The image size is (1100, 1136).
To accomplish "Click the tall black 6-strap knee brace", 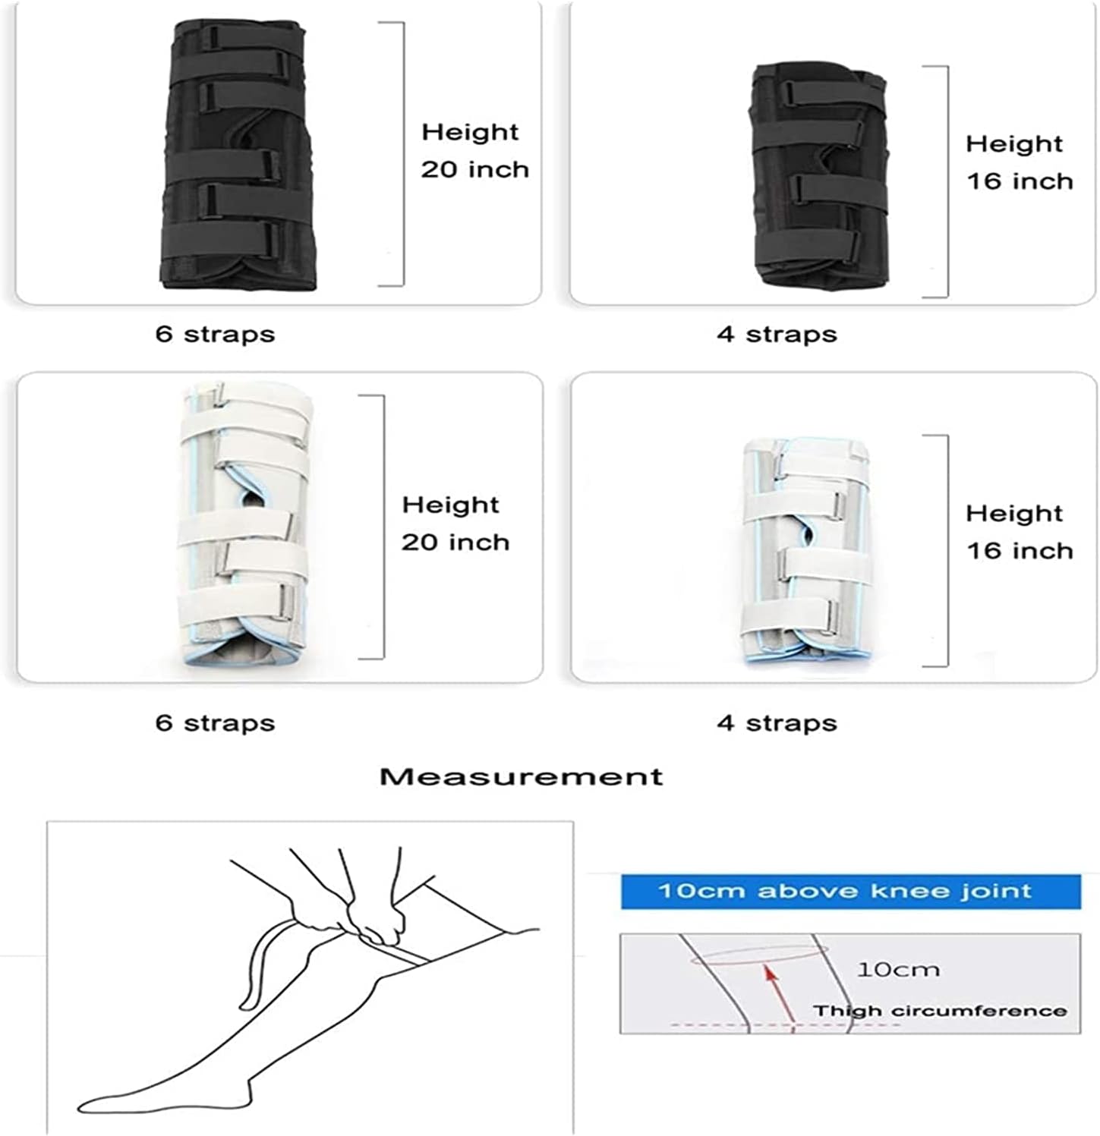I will [x=235, y=156].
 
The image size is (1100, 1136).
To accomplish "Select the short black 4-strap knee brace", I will [x=816, y=182].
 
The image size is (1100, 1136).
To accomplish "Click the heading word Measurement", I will [x=521, y=776].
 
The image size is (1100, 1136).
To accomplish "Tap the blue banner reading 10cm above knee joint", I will [x=850, y=891].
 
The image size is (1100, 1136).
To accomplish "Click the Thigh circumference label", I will [x=940, y=1011].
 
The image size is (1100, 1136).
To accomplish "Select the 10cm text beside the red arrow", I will [x=898, y=969].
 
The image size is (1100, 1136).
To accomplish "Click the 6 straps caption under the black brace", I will [x=215, y=334].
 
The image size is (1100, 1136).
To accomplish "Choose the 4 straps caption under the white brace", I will [x=777, y=722].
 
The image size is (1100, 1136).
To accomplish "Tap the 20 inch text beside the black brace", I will [x=474, y=169].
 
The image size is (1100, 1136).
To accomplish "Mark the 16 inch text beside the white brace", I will [x=1019, y=550].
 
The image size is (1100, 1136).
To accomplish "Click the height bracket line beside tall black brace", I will [x=402, y=154].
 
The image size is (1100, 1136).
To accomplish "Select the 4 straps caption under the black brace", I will [x=777, y=334].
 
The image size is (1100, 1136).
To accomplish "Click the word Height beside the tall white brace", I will [x=450, y=505].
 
